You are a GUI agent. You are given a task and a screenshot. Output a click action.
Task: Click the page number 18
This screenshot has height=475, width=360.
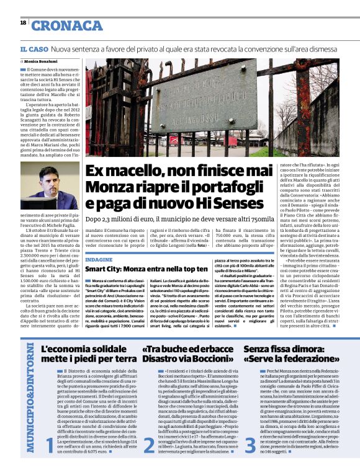click(x=24, y=22)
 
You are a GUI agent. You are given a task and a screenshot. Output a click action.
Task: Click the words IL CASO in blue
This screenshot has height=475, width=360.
click(x=34, y=49)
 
